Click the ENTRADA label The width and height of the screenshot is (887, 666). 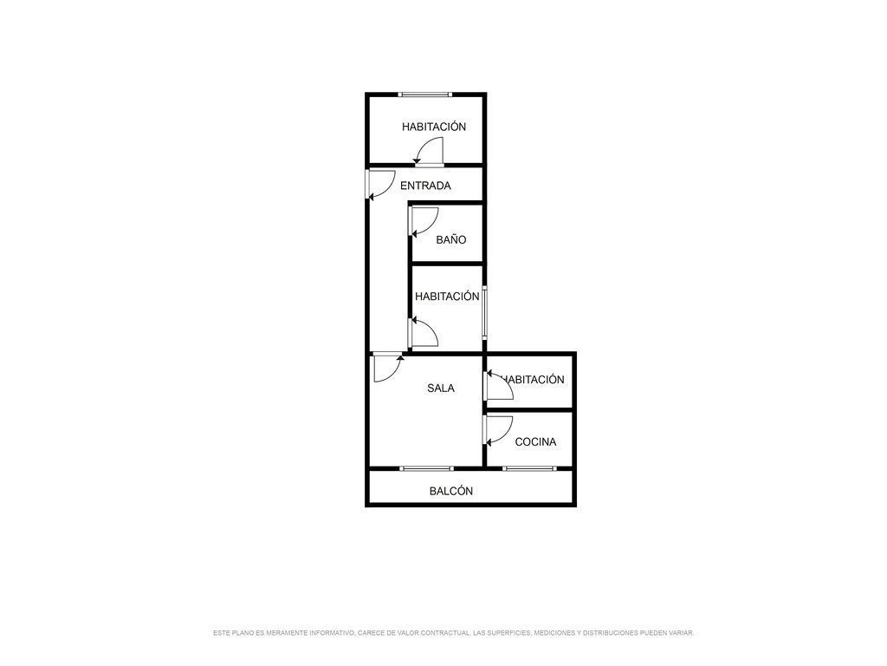tap(425, 186)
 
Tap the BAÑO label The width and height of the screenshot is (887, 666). tap(451, 239)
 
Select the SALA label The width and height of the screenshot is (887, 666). tap(441, 388)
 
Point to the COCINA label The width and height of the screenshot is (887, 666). tap(535, 442)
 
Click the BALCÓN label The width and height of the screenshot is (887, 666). tap(451, 491)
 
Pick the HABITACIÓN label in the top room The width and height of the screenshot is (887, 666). tap(434, 127)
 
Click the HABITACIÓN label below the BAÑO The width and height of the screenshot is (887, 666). tap(447, 297)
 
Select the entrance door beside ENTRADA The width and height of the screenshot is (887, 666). tap(378, 185)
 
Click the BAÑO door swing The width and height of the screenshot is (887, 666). tap(424, 221)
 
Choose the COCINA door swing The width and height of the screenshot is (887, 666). tap(498, 429)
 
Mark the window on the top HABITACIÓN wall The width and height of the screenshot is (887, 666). tap(424, 94)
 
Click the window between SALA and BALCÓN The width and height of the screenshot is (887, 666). tap(426, 469)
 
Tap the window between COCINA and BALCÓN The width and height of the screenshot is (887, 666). tap(528, 469)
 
